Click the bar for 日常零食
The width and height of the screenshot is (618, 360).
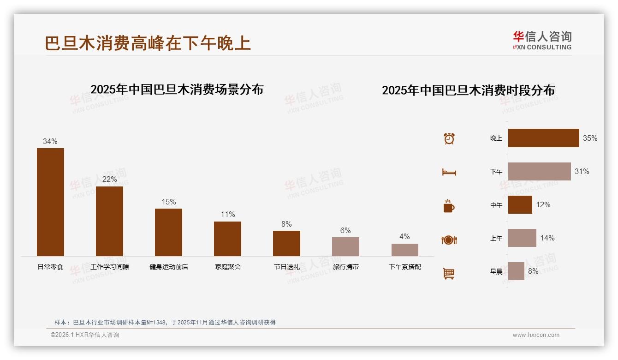pyautogui.click(x=50, y=202)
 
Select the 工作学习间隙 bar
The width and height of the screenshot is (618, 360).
pyautogui.click(x=109, y=221)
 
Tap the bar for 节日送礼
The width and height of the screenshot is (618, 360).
pyautogui.click(x=286, y=243)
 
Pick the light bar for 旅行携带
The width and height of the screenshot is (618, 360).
pyautogui.click(x=345, y=246)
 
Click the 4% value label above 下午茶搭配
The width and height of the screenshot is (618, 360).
pyautogui.click(x=404, y=237)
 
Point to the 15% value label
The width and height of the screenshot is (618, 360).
pyautogui.click(x=168, y=202)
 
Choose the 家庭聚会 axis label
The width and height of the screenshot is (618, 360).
pyautogui.click(x=228, y=267)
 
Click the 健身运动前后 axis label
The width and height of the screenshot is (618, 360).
pyautogui.click(x=169, y=267)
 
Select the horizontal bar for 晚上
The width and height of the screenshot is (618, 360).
pyautogui.click(x=543, y=138)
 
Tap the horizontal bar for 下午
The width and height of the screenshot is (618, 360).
pyautogui.click(x=539, y=171)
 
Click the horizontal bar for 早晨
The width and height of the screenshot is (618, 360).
pyautogui.click(x=516, y=271)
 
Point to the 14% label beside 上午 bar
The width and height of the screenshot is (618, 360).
pyautogui.click(x=547, y=238)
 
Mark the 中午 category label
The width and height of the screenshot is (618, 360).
pyautogui.click(x=496, y=205)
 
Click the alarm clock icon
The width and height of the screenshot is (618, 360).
pyautogui.click(x=449, y=138)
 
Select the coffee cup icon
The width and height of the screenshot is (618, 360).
pyautogui.click(x=449, y=206)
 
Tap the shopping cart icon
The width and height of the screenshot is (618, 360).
pyautogui.click(x=449, y=273)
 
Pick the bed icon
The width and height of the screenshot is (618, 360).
pyautogui.click(x=449, y=172)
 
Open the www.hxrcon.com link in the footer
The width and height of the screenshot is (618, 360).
pyautogui.click(x=536, y=335)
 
